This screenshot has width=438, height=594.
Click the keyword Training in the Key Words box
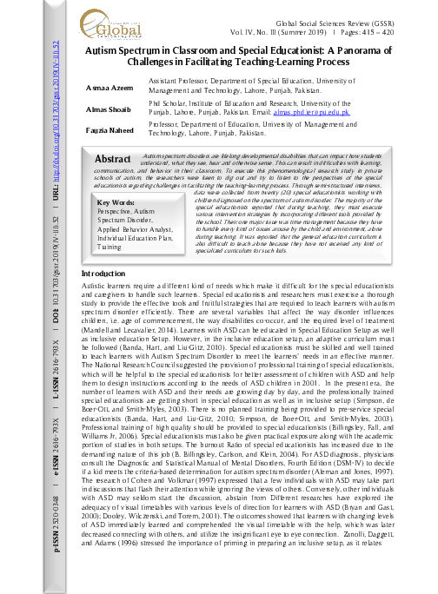pos(109,247)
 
